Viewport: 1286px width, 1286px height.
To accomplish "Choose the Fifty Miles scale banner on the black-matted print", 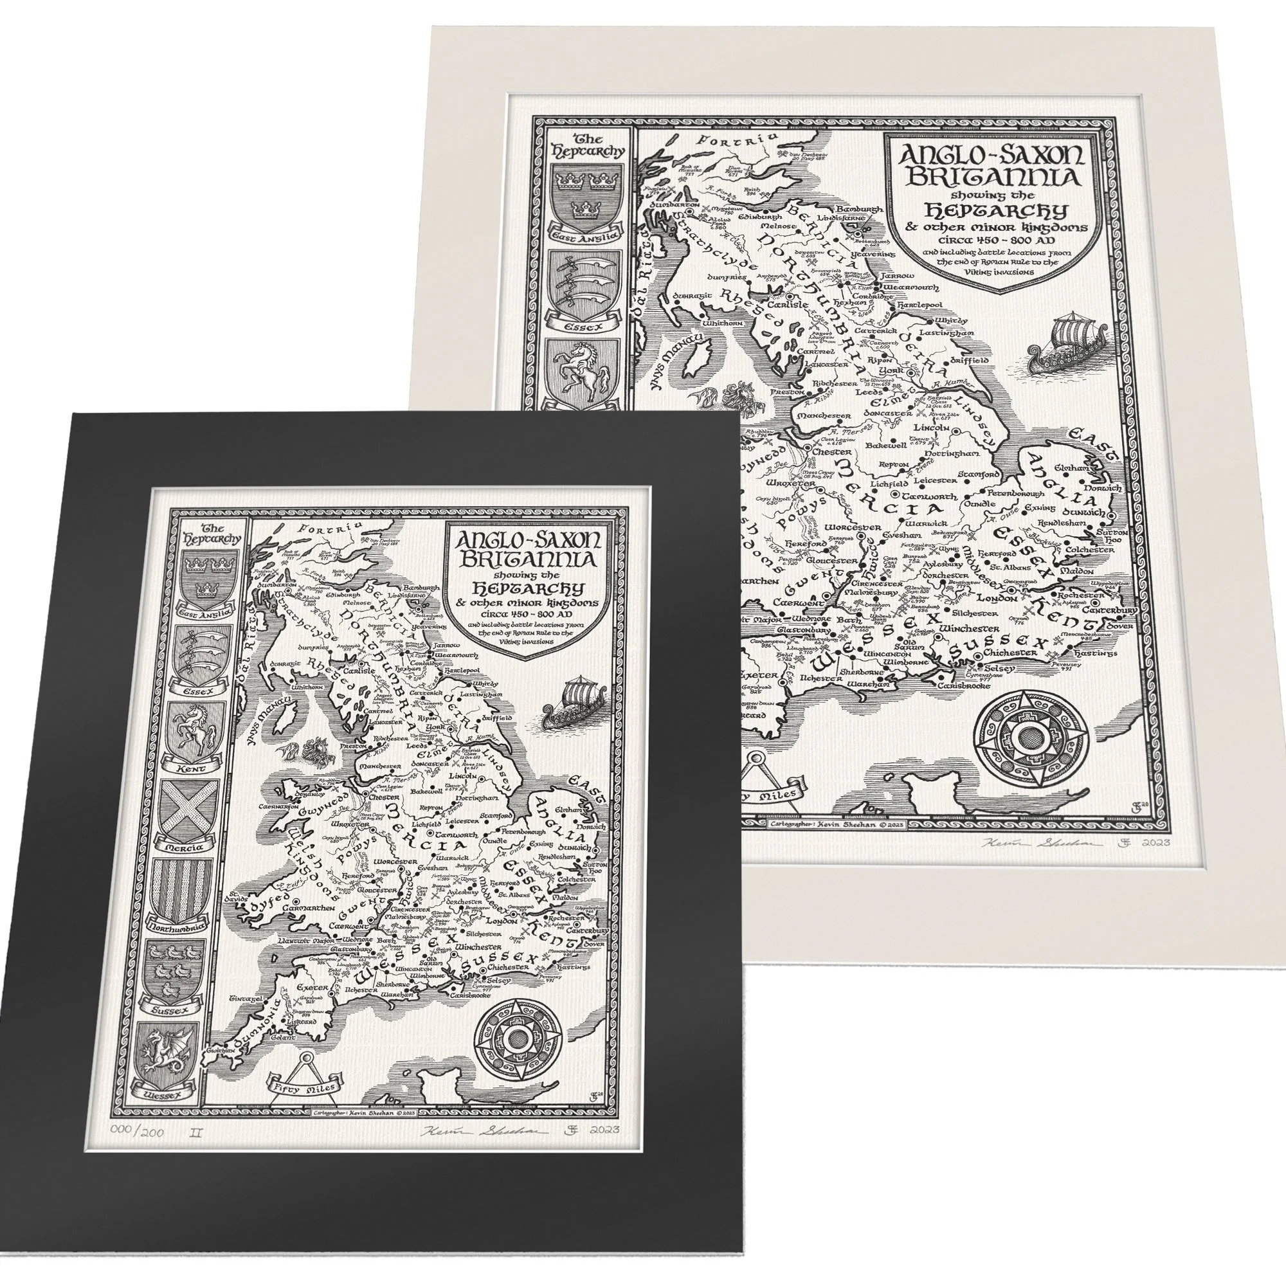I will (303, 1103).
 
